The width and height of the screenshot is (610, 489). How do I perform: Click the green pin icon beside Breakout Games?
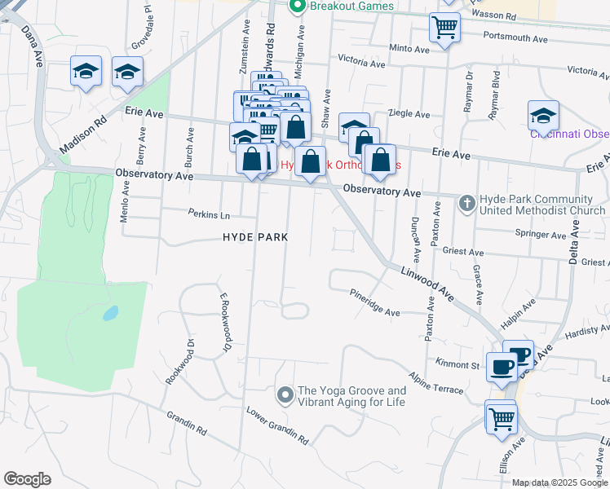pos(297,7)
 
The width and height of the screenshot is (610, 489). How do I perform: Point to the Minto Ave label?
pos(409,49)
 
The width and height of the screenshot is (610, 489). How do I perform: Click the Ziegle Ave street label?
pos(409,114)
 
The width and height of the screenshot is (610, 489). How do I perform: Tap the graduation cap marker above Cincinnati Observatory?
pos(543,115)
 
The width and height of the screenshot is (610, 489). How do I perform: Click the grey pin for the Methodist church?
pos(466,202)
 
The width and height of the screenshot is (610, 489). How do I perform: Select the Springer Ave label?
pos(546,236)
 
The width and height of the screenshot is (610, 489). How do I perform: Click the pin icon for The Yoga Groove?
pos(285,396)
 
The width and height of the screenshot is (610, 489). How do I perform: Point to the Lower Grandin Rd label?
pos(278,426)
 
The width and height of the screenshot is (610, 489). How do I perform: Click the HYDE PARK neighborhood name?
pos(256,237)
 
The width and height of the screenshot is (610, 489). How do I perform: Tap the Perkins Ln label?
pos(209,215)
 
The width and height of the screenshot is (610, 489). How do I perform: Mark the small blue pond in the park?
pos(110,313)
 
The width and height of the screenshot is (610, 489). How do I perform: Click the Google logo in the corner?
pos(27,479)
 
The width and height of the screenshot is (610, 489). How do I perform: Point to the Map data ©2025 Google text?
pos(559,483)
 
